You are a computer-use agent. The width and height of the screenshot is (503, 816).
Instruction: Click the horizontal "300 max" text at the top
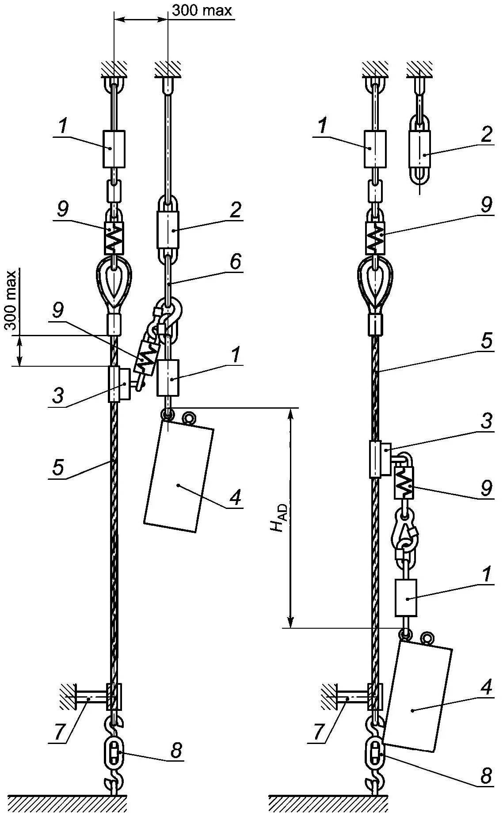[202, 10]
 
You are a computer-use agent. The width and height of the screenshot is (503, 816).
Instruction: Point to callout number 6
[236, 262]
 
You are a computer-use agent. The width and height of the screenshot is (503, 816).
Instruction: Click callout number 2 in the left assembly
[236, 210]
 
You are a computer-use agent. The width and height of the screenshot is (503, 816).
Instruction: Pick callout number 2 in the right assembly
[486, 134]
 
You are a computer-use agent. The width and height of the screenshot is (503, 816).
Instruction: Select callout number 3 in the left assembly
[58, 396]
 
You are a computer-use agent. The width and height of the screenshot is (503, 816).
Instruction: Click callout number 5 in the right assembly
[486, 341]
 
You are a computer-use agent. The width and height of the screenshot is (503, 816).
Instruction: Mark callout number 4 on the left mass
[235, 497]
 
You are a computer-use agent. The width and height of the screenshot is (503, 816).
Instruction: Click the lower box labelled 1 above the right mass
[406, 597]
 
